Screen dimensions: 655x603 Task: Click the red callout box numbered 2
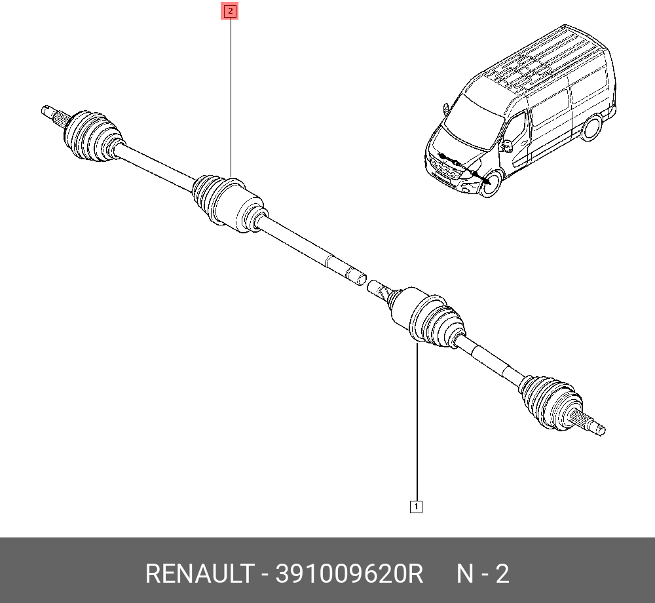tap(230, 11)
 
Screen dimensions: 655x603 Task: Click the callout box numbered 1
tap(416, 507)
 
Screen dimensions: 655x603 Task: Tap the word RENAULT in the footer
tap(200, 574)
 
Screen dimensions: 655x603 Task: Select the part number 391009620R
tap(349, 574)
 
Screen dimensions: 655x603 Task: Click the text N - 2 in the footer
tap(483, 574)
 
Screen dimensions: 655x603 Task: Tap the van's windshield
tap(474, 121)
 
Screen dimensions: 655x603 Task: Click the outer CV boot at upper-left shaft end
tap(93, 136)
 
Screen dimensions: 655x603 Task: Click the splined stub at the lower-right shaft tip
tap(589, 422)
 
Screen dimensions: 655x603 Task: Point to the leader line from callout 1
tap(417, 421)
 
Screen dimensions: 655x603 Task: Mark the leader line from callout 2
tap(231, 98)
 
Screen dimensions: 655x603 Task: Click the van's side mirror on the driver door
tap(508, 145)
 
